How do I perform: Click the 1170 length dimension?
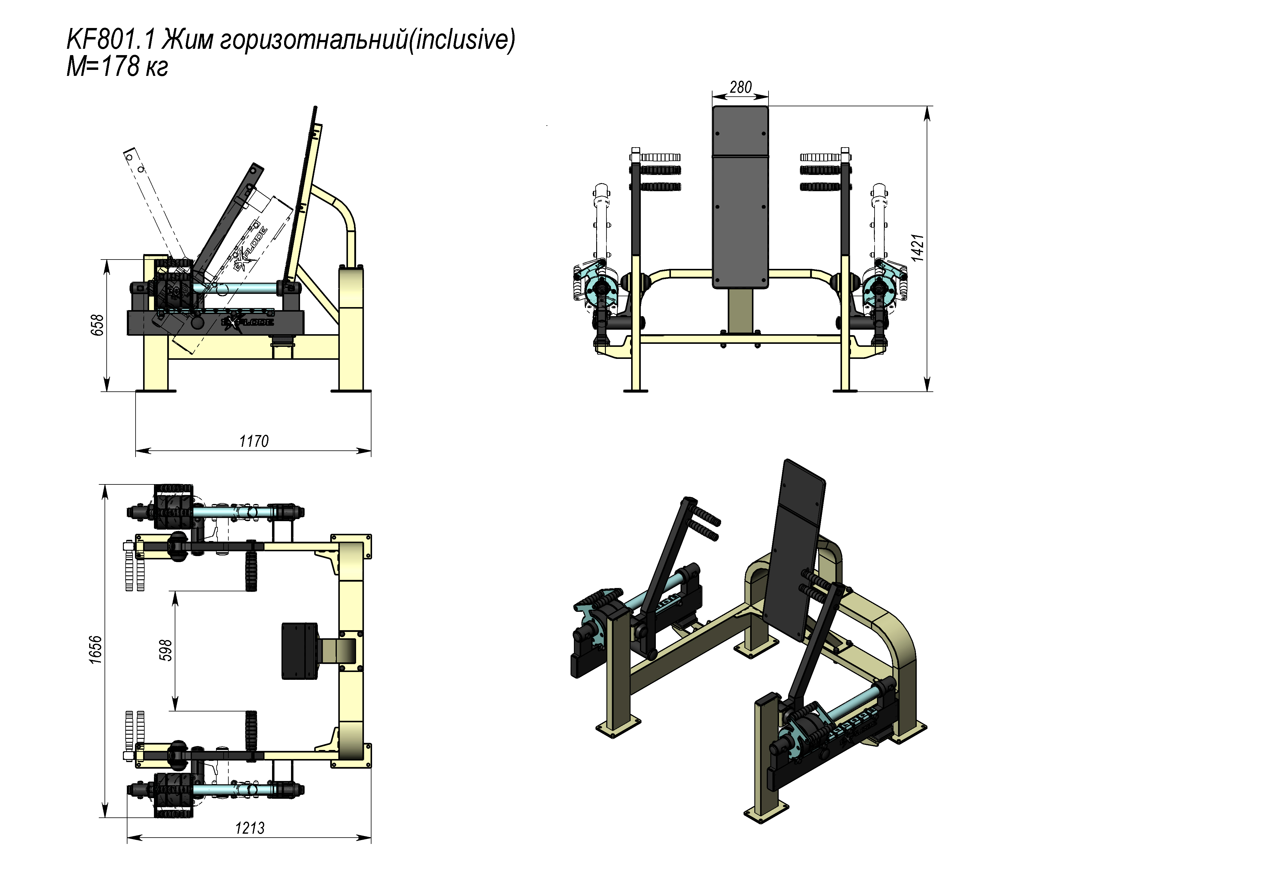point(253,441)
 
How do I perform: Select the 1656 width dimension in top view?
point(95,650)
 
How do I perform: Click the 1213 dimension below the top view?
point(250,828)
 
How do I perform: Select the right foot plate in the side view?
point(351,390)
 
